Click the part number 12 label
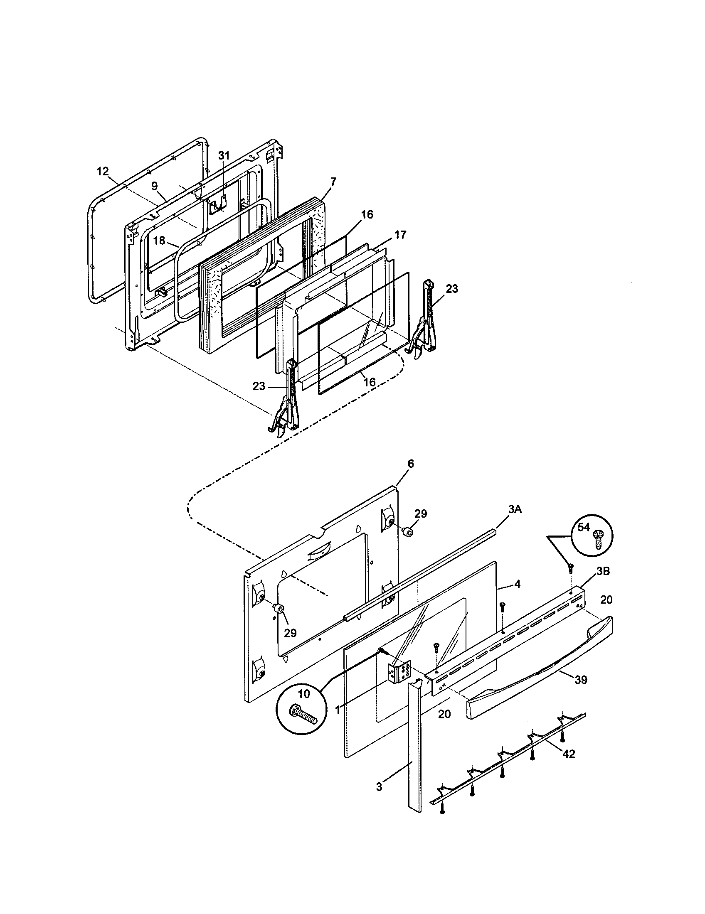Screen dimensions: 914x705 click(102, 171)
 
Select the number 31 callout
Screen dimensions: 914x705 click(224, 155)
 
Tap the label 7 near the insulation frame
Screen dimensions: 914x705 click(333, 182)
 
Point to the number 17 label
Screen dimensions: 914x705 click(400, 235)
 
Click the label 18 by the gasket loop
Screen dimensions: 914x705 click(159, 241)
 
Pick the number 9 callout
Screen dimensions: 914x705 click(155, 186)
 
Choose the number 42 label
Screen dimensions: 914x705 click(569, 754)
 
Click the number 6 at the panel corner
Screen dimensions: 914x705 click(411, 464)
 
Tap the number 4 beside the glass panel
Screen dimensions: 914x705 click(518, 585)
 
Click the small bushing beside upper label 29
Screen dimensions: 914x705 click(406, 532)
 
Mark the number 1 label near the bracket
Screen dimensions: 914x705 click(338, 710)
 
